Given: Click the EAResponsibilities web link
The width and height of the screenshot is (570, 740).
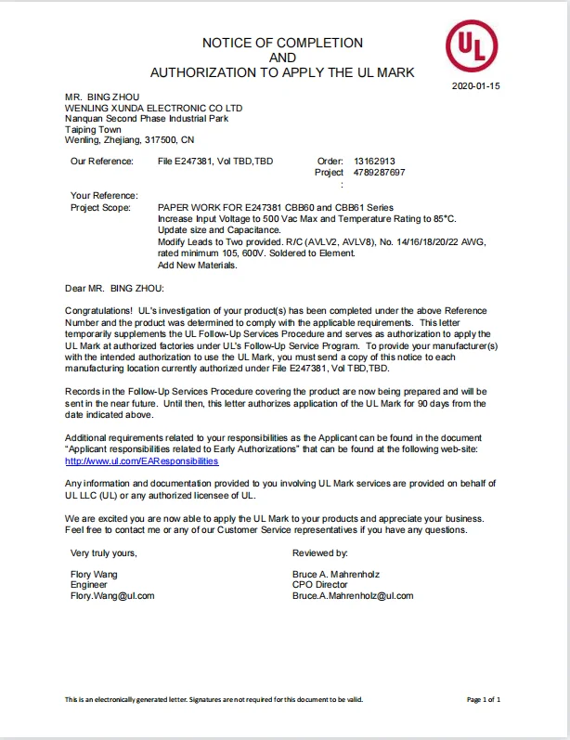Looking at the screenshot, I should [141, 461].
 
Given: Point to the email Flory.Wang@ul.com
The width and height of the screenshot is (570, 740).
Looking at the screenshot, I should [112, 595].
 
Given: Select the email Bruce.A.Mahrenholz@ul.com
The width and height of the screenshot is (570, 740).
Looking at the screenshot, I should [353, 595].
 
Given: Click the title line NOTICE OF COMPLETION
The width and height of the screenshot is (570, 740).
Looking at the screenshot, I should [282, 43].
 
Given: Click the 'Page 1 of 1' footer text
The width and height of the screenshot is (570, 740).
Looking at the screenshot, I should [484, 699].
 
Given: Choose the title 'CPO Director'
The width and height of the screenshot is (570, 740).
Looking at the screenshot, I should [320, 585].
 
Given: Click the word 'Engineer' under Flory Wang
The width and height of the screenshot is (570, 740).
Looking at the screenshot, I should [89, 585].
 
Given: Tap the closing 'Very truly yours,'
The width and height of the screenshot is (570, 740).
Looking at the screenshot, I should [104, 552].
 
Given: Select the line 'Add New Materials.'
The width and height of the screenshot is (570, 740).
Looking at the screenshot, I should [198, 265].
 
